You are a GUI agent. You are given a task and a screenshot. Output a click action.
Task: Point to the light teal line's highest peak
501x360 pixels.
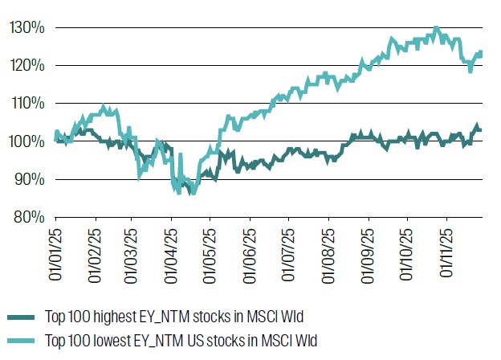pyautogui.click(x=436, y=28)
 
